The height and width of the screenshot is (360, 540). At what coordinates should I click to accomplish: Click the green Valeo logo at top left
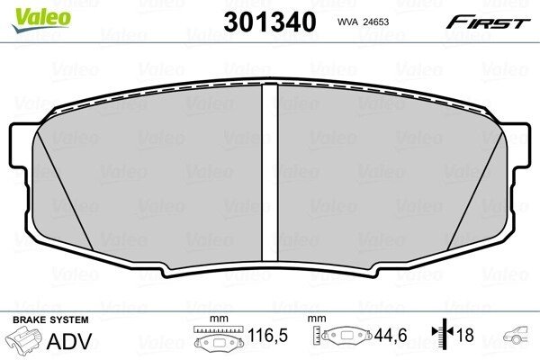click(41, 19)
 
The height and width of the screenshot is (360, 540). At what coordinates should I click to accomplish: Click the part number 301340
click(270, 22)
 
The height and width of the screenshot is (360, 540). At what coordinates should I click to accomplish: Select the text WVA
click(347, 22)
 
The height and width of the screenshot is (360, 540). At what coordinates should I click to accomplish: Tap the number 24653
click(375, 22)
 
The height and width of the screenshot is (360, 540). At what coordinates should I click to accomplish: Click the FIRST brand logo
click(488, 22)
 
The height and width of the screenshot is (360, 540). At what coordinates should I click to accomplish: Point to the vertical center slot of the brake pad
click(270, 172)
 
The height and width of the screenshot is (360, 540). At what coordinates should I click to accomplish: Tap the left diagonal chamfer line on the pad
click(65, 191)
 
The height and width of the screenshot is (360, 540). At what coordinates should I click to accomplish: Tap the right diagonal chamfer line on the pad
click(475, 191)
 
